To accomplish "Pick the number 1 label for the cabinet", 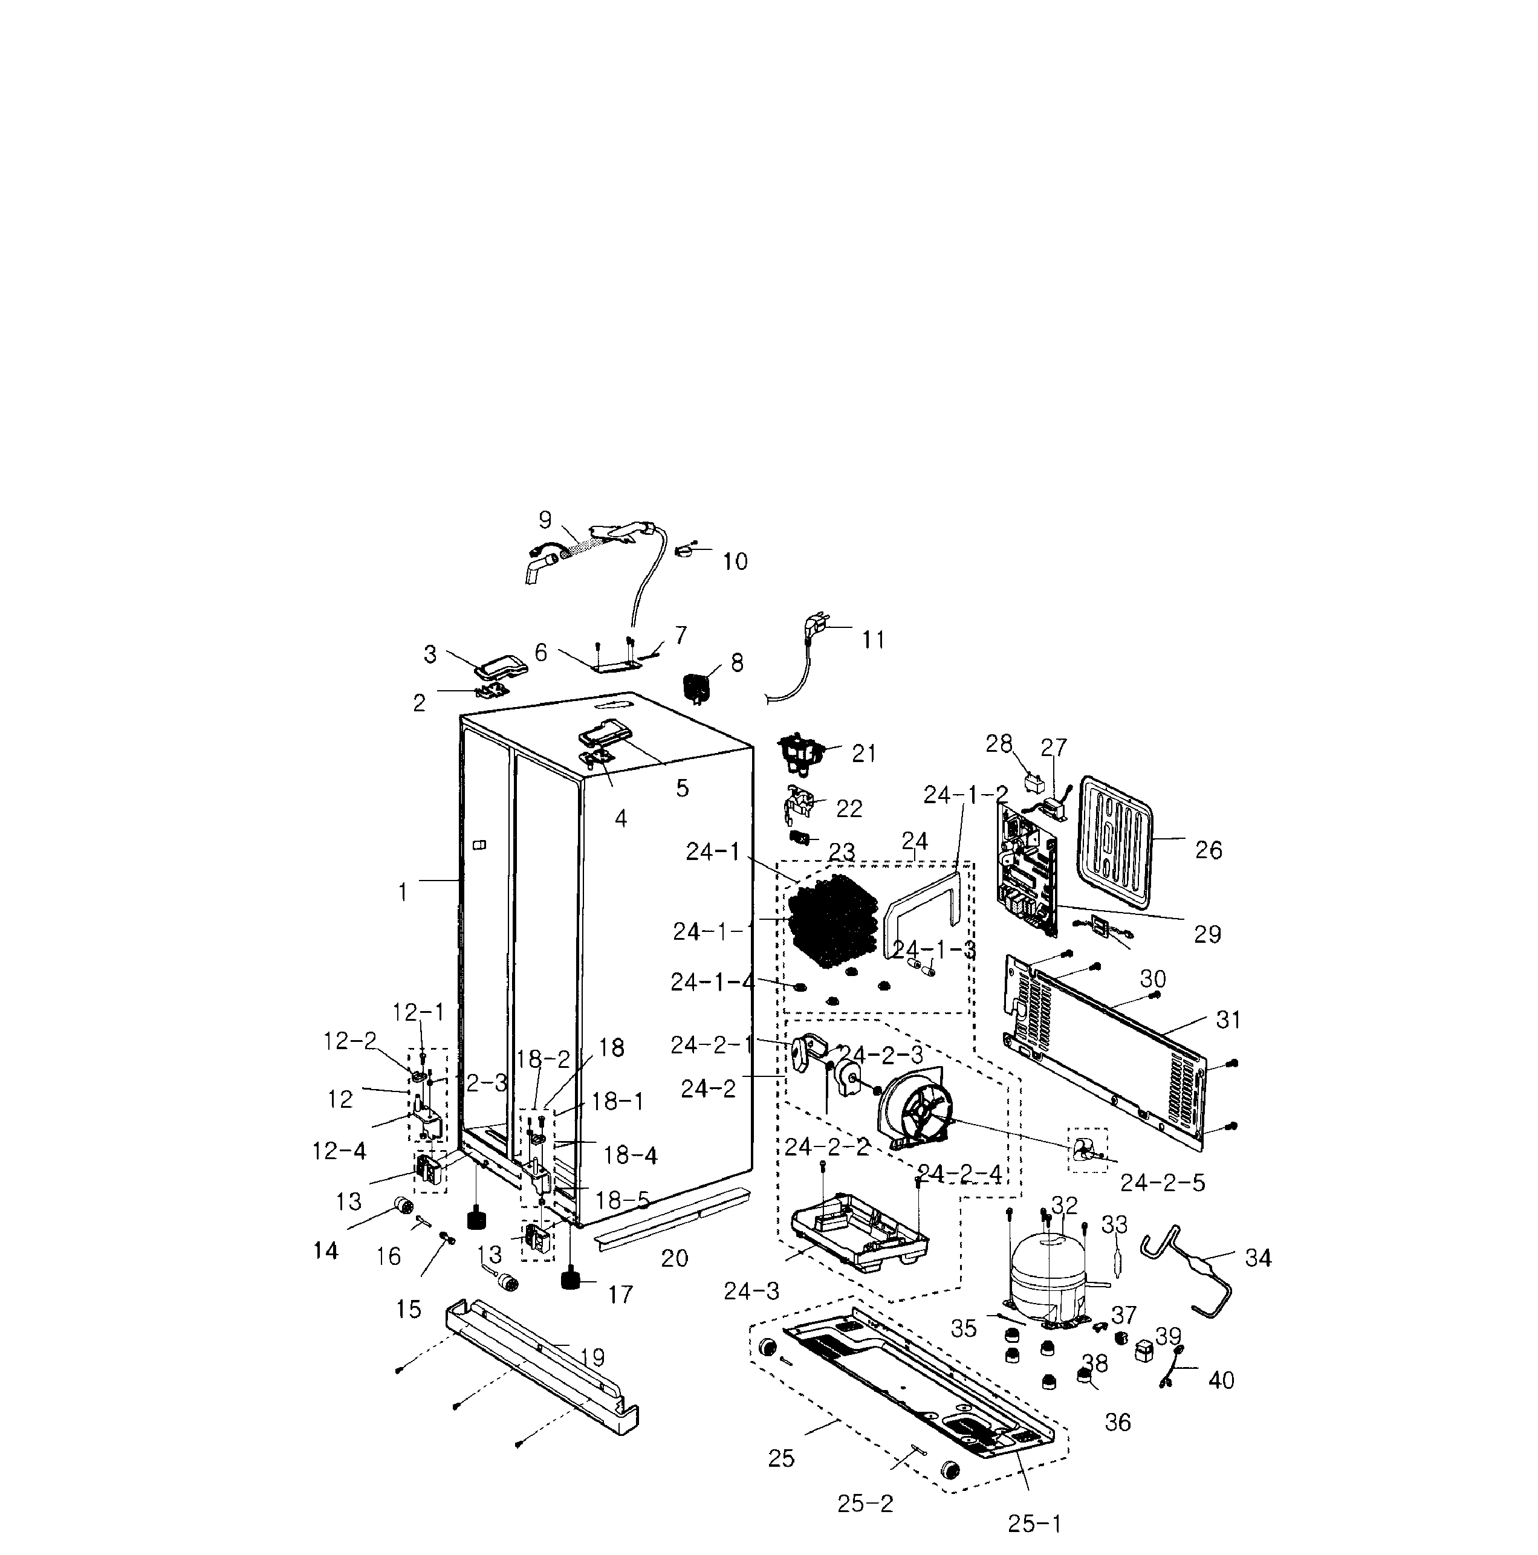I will [x=402, y=892].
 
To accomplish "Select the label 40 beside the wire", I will [x=1221, y=1380].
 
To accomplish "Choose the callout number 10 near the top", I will [x=735, y=561].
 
